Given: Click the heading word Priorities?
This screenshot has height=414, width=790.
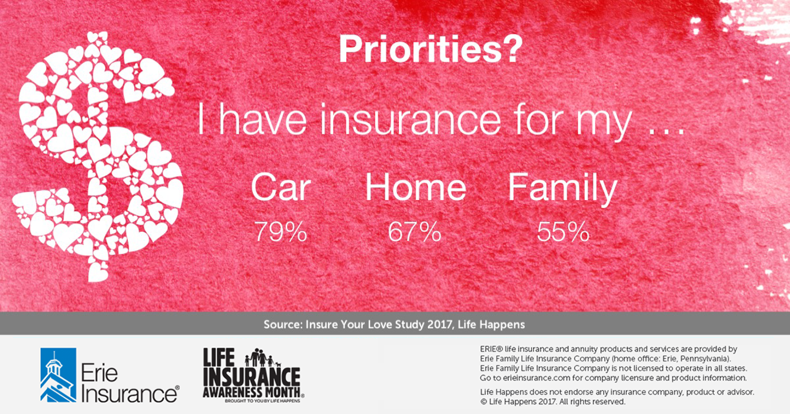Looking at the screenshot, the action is point(430,49).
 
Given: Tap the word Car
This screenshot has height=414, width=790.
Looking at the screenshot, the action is point(280,187).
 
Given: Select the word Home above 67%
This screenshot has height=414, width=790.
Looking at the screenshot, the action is point(416,187).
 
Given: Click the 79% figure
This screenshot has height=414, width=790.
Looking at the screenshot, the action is point(280,231).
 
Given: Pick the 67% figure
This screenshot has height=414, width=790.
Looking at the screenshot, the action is point(415,231).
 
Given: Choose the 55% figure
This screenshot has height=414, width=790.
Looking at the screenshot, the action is point(563,231).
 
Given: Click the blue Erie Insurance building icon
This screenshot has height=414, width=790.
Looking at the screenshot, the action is point(58,375).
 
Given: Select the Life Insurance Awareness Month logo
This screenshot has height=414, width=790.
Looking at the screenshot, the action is point(253,375).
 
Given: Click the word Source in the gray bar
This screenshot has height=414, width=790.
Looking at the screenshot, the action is point(283,324).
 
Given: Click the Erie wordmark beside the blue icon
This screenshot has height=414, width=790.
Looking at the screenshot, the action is point(99,373).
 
